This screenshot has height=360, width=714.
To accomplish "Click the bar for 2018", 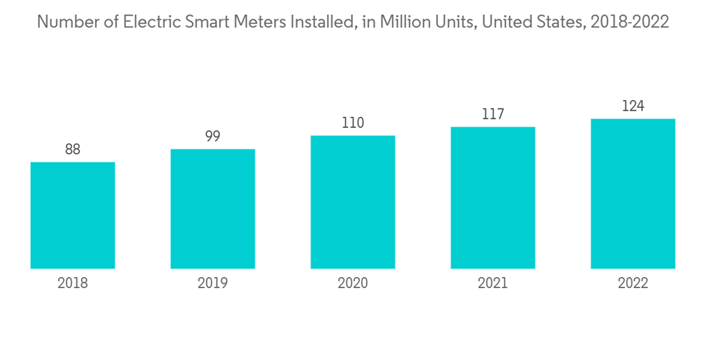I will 73,216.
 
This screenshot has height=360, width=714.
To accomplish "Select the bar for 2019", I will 213,209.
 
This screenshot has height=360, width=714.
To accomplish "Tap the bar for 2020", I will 353,202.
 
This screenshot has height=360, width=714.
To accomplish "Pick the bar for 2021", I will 493,198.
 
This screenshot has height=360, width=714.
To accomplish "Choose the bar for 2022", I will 633,194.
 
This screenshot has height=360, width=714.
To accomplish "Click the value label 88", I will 73,149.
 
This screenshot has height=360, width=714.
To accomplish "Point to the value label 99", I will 213,136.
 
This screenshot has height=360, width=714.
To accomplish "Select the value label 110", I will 353,123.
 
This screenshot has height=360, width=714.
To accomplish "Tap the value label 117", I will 493,114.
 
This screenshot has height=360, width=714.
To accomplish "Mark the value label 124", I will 633,106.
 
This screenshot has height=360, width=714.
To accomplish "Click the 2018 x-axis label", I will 73,284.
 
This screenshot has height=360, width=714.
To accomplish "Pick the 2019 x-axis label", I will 213,284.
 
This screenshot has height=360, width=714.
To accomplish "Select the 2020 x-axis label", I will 353,284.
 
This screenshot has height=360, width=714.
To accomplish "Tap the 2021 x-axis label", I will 493,284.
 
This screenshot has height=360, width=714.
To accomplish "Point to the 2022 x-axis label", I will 633,284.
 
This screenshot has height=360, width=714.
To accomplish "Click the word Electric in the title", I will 149,22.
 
